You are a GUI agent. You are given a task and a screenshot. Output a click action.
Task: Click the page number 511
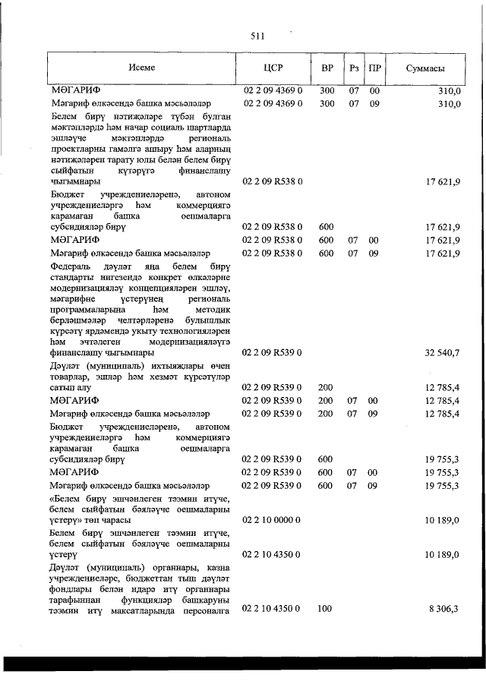tap(256, 36)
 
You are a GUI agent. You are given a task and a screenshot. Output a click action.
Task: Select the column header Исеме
tap(141, 68)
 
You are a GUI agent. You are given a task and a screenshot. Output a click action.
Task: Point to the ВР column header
tap(327, 68)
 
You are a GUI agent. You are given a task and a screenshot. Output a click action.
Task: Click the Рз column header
tap(354, 68)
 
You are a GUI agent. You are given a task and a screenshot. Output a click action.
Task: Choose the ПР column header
tap(374, 68)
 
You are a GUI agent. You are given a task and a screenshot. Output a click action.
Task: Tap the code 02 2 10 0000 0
tap(273, 520)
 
